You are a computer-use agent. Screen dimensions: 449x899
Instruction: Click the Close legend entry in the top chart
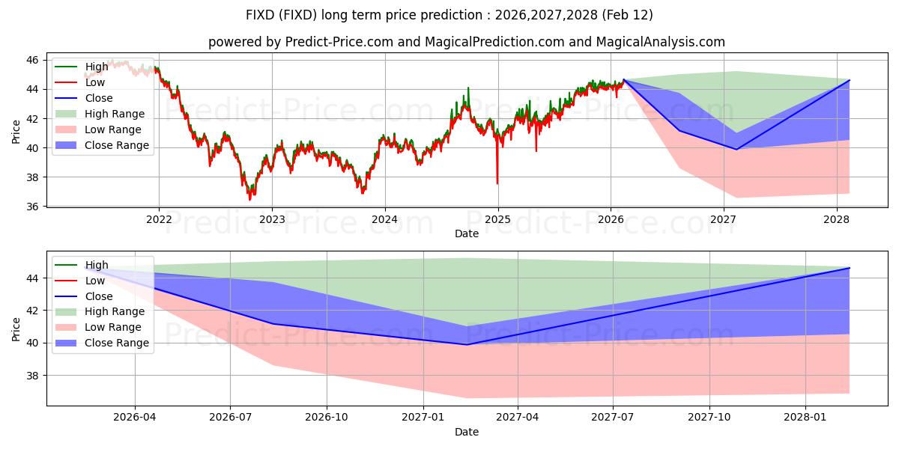point(99,98)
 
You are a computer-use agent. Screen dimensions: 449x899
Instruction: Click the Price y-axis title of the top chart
point(16,132)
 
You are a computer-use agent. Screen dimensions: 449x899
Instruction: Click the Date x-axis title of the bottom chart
point(467,432)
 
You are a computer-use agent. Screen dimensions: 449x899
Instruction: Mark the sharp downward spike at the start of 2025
point(497,182)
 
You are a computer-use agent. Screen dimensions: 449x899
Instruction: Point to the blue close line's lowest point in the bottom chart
point(467,344)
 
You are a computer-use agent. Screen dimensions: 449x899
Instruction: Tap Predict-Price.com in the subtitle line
point(339,42)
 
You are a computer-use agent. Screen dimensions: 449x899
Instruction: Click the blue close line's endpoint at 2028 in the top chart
point(849,80)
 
